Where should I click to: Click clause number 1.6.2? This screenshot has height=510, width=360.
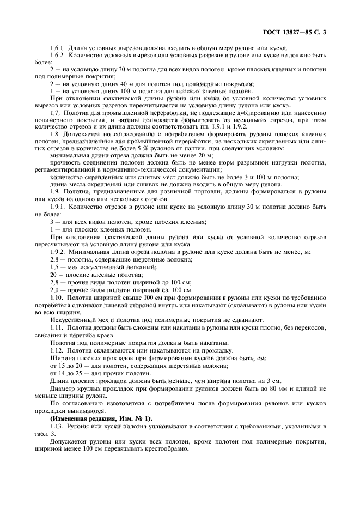tap(58, 56)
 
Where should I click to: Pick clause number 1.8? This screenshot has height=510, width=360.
tap(56, 133)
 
